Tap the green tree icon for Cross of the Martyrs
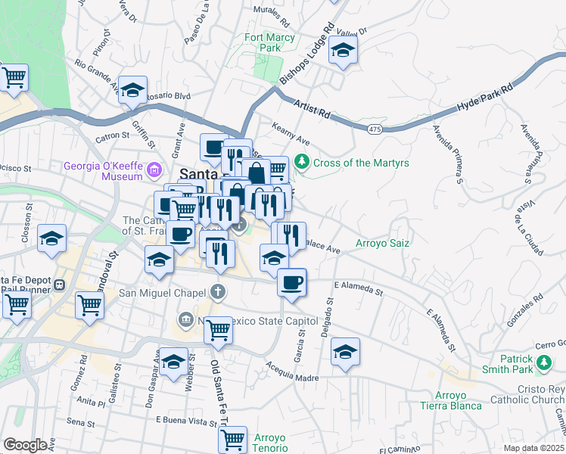[302, 162]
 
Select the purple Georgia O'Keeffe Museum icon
[155, 169]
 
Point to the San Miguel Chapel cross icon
[218, 292]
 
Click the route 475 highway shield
[374, 130]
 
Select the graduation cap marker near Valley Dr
[344, 51]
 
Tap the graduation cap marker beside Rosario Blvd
[132, 90]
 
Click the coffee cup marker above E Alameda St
[291, 283]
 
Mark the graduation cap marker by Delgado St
[345, 352]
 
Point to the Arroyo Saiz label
[383, 244]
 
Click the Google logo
[25, 445]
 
